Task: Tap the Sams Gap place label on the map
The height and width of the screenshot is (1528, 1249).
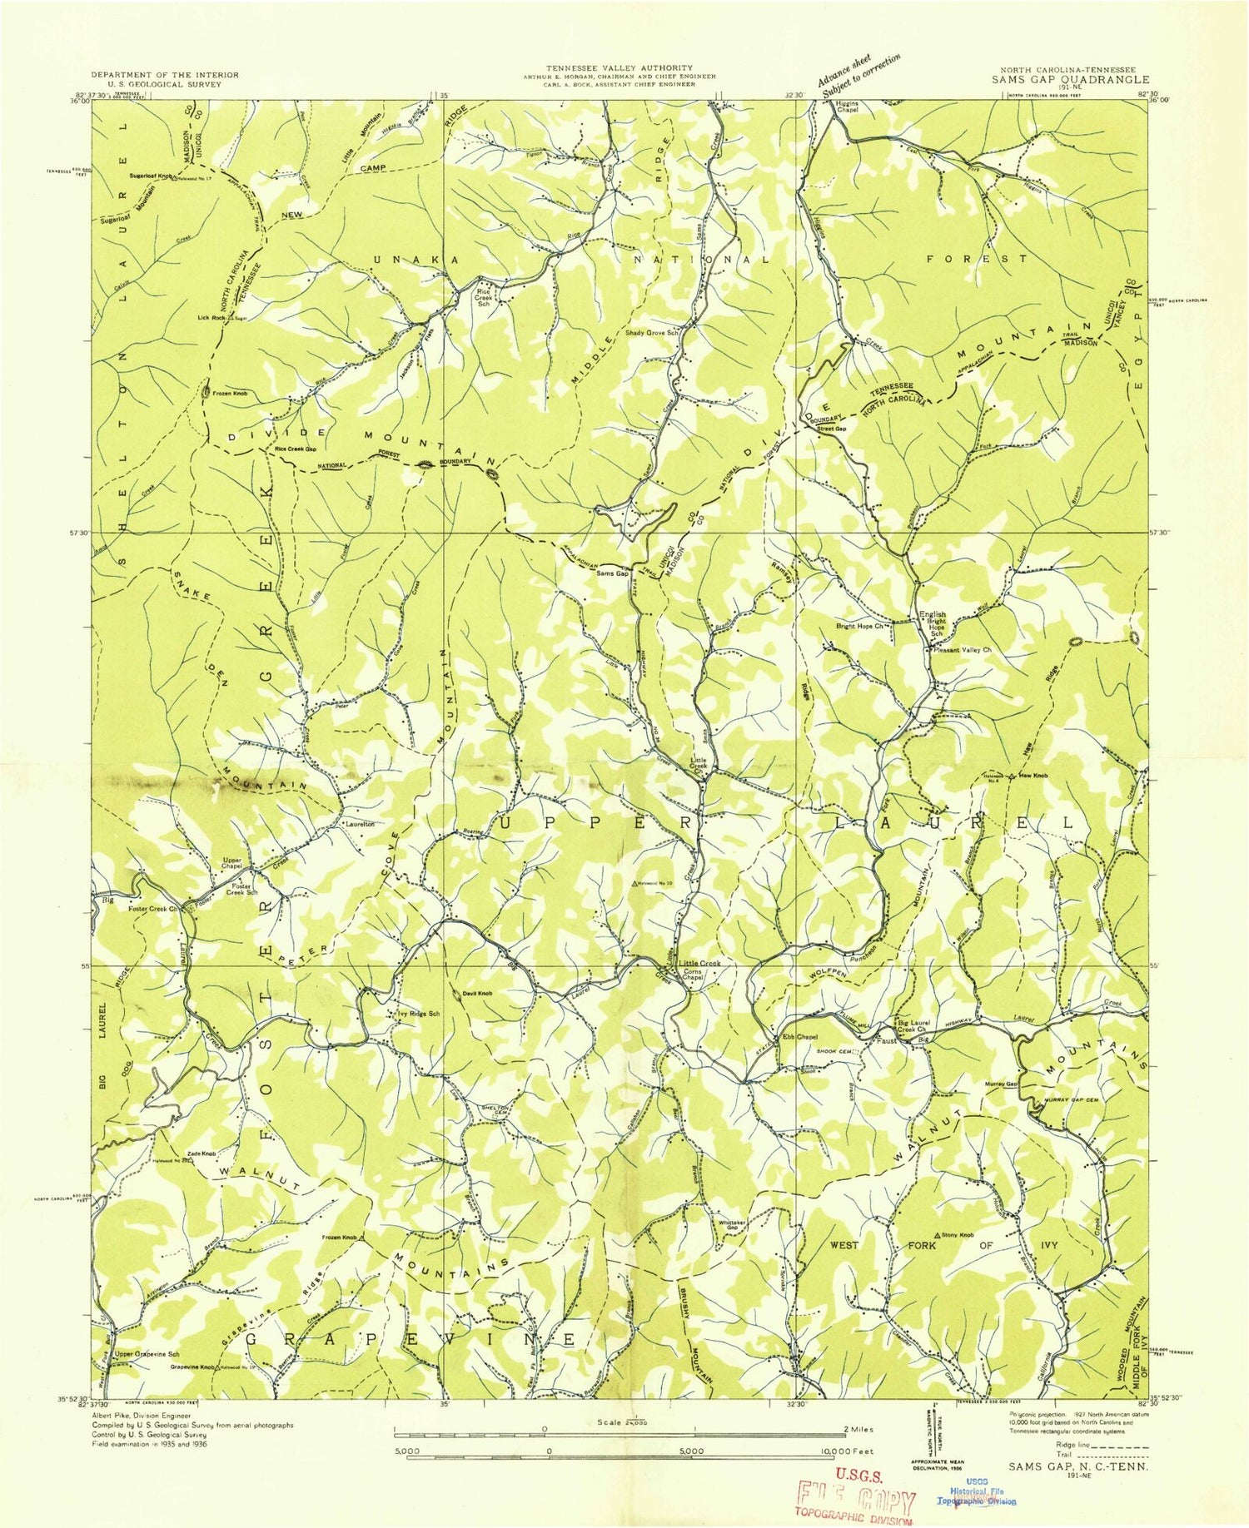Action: pyautogui.click(x=611, y=573)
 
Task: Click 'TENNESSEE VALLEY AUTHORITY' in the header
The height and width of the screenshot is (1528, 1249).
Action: pyautogui.click(x=618, y=67)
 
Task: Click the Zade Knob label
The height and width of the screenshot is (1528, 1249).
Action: pyautogui.click(x=202, y=1153)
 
